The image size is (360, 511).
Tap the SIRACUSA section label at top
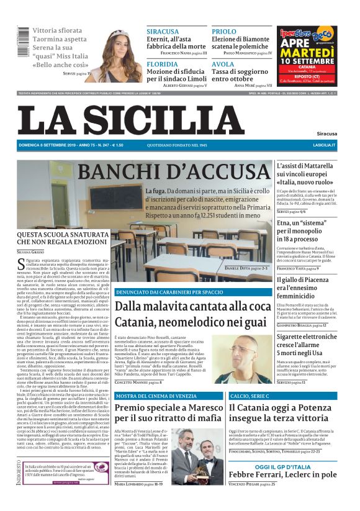pos(163,31)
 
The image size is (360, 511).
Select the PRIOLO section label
pos(223,31)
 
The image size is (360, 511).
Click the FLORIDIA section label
pos(163,64)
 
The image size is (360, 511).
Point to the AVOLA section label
pos(223,64)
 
